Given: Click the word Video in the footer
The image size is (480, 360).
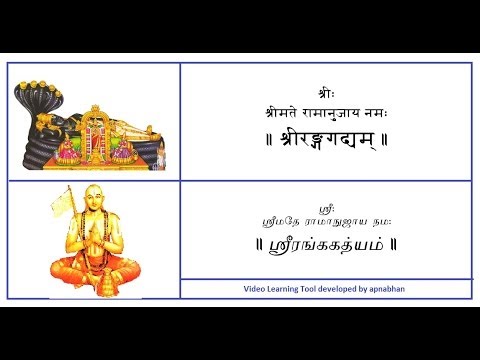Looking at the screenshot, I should (x=255, y=289).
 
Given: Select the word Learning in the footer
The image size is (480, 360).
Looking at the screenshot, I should (x=287, y=289).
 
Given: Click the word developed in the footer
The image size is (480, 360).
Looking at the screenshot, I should (x=345, y=289).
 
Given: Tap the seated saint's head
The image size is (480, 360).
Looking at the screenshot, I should (x=97, y=205).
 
